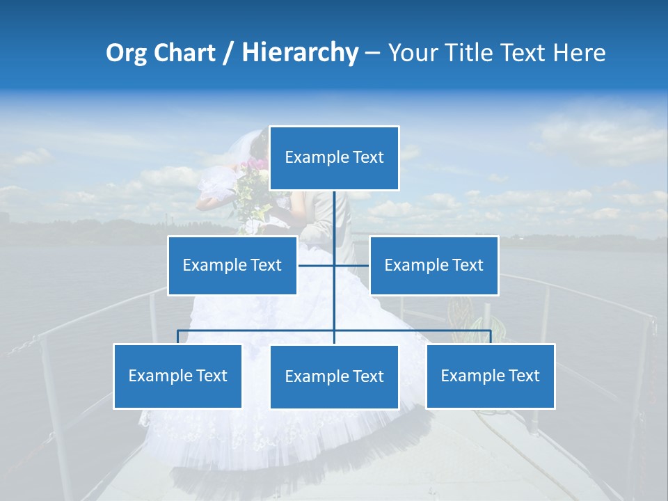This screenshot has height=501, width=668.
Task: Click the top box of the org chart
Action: tap(334, 158)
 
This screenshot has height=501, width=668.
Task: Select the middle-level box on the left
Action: tap(232, 265)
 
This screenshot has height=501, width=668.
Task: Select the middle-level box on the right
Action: tap(434, 265)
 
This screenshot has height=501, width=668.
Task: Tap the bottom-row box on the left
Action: tap(177, 376)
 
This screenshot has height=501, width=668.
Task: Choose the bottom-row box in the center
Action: tap(334, 376)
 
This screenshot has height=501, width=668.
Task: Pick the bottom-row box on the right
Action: tap(490, 376)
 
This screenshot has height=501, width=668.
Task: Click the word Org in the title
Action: tap(126, 53)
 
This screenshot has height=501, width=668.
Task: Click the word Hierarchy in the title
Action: tap(300, 53)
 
